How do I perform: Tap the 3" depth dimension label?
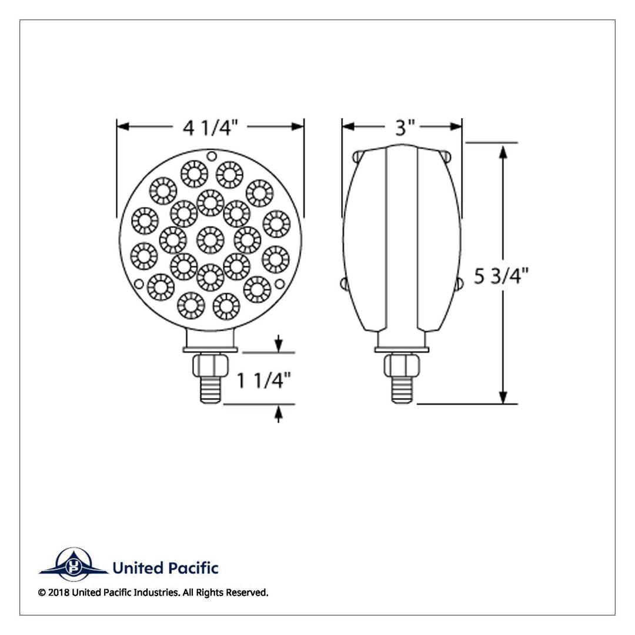405,128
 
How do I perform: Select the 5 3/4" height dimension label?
502,276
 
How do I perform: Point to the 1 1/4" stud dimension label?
263,380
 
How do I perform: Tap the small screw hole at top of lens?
212,156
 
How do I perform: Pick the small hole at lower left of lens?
139,284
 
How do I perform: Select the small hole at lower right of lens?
279,284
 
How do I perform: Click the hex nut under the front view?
210,365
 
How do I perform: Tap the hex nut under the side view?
402,365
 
